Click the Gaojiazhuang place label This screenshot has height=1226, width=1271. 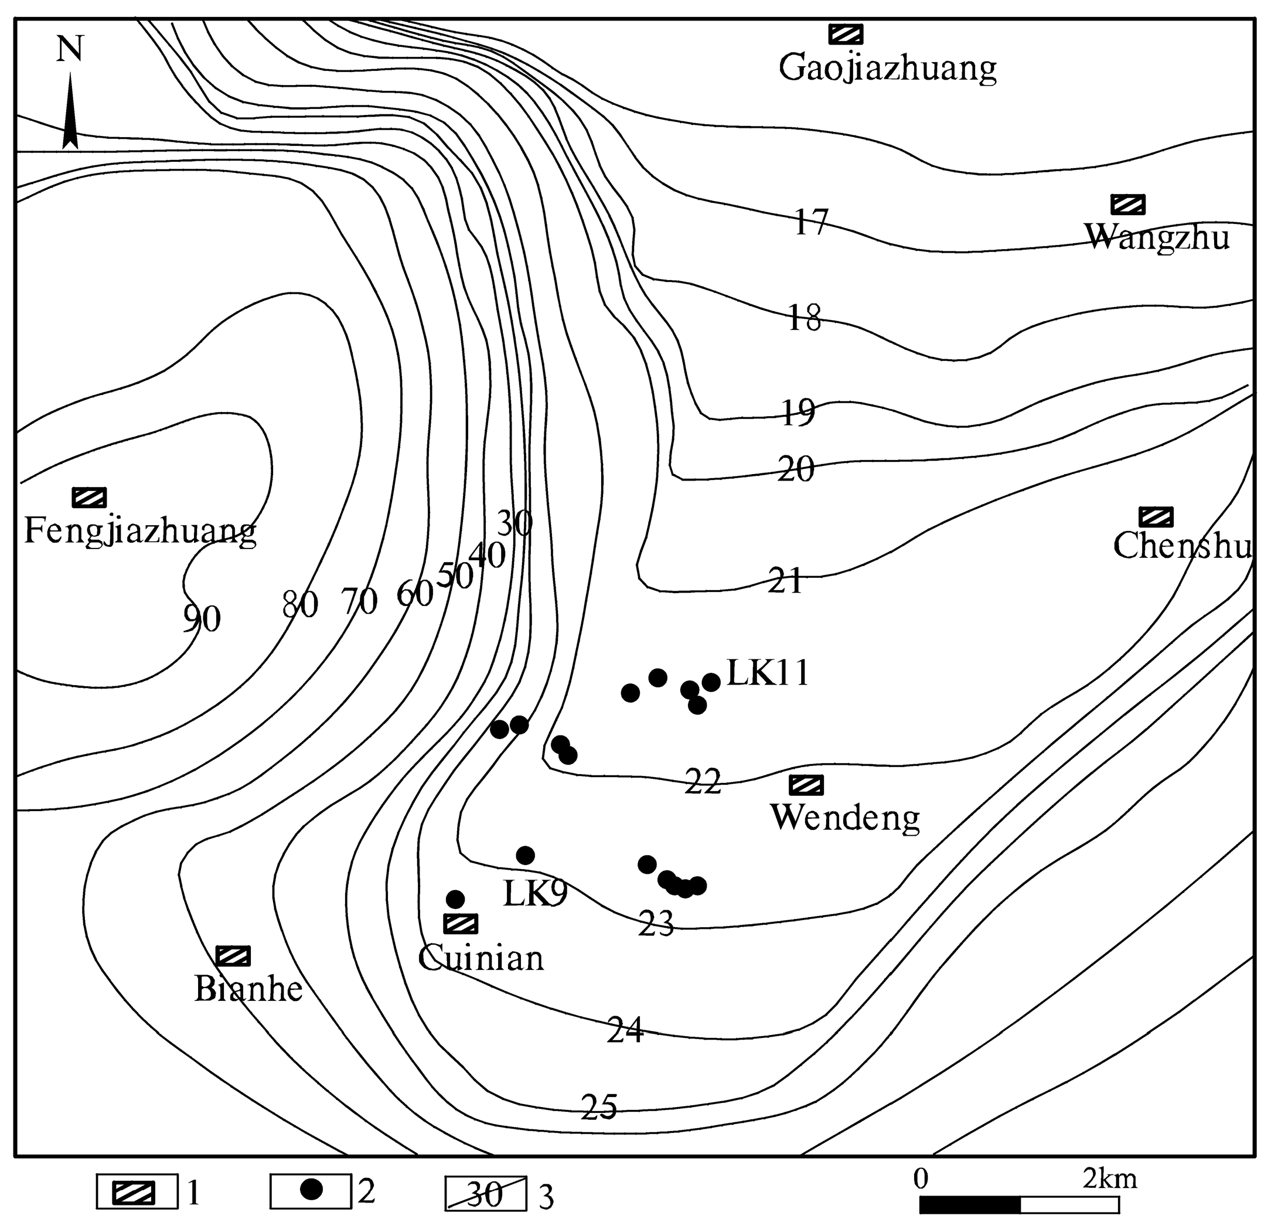[887, 67]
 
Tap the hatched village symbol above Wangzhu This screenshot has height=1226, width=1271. [1127, 205]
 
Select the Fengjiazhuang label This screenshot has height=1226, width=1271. [140, 532]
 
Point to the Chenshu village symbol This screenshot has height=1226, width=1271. [1156, 516]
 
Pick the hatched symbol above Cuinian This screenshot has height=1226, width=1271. [461, 923]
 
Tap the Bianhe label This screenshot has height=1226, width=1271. [248, 989]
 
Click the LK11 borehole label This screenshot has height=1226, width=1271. [768, 673]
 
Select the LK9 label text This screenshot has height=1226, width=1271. [535, 894]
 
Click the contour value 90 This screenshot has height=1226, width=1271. [202, 619]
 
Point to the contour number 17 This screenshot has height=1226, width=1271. [810, 223]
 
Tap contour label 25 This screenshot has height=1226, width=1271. [598, 1106]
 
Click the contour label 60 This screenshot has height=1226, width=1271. [414, 594]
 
